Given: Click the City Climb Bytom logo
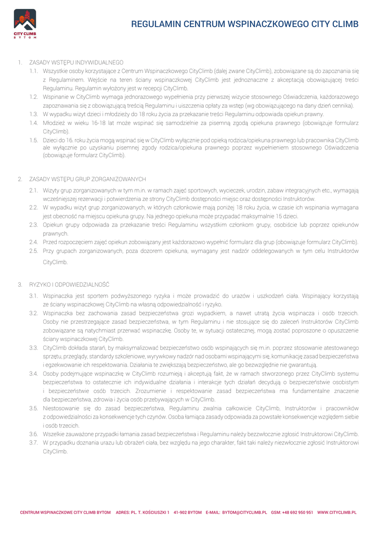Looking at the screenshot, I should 25,24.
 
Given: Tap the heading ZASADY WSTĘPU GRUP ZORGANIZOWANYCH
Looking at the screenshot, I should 87,179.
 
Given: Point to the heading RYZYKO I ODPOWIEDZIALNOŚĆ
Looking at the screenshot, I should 69,285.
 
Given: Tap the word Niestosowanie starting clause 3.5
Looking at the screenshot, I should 61,408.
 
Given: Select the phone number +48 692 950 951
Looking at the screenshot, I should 298,513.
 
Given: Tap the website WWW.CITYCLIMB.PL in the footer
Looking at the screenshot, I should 337,513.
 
